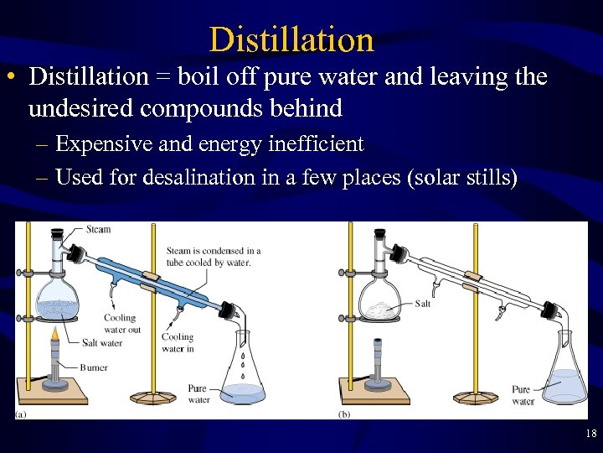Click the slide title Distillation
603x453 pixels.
(x=291, y=39)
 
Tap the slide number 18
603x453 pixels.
(x=590, y=434)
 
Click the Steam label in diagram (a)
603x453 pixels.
(x=98, y=229)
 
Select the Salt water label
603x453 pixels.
(x=102, y=343)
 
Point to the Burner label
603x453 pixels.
(x=94, y=367)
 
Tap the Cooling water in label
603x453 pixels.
(x=178, y=342)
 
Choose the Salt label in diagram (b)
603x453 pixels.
(x=423, y=304)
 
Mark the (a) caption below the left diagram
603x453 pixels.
(x=20, y=414)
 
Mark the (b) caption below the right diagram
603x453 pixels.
(x=344, y=414)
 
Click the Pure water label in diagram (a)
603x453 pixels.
(x=198, y=394)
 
